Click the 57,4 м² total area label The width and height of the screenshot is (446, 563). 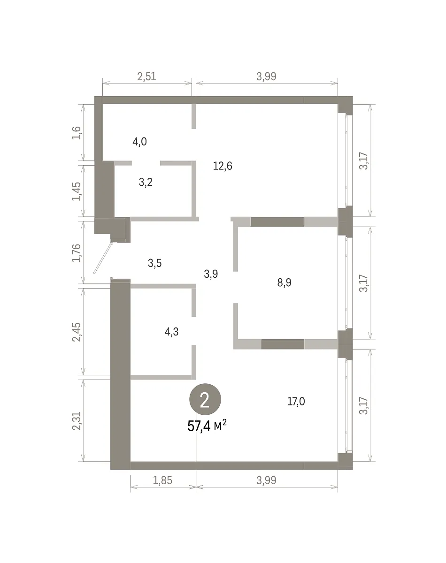[x=207, y=426]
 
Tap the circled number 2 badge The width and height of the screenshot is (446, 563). [x=205, y=399]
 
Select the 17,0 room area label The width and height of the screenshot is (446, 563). [x=296, y=401]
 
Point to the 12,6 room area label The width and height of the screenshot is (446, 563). [x=223, y=166]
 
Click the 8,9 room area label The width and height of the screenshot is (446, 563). [x=284, y=282]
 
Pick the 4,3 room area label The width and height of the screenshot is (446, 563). [x=171, y=332]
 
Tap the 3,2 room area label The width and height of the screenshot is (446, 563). [x=146, y=182]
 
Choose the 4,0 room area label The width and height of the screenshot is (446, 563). [x=139, y=142]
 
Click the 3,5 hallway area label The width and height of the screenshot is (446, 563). [x=154, y=263]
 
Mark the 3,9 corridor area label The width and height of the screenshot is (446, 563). [x=211, y=274]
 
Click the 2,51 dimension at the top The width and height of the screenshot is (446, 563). [x=146, y=76]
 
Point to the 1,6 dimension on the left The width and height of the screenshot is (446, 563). [x=77, y=133]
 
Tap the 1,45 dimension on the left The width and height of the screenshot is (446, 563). [x=77, y=191]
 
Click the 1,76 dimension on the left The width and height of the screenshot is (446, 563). [x=77, y=253]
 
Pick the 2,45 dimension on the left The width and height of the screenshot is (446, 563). [x=77, y=332]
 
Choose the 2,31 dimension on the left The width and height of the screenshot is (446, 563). [x=77, y=421]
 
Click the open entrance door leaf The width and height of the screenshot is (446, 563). [x=103, y=258]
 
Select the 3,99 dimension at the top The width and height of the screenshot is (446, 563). [x=266, y=76]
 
